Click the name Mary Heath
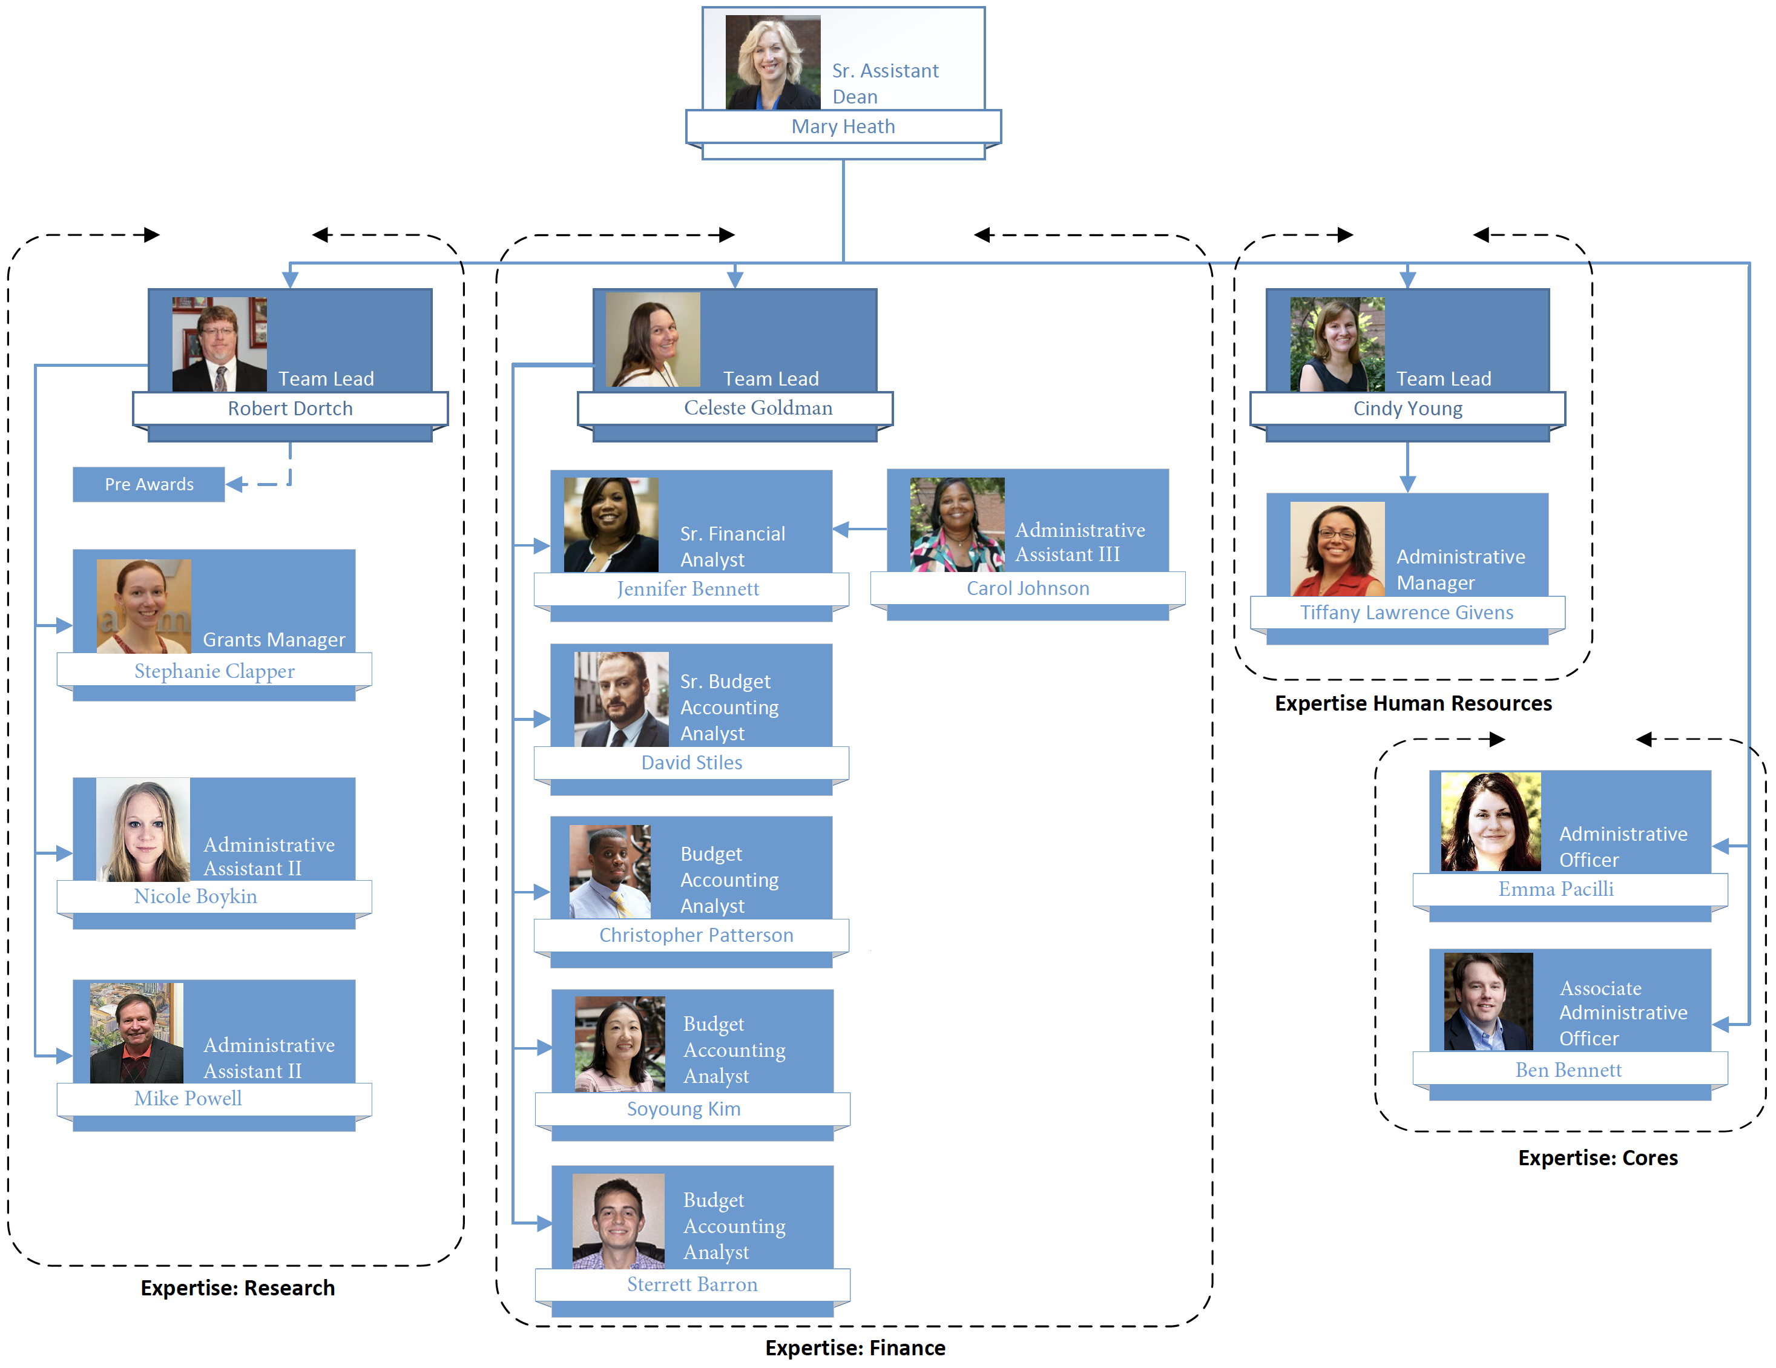coord(843,127)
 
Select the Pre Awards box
coord(149,485)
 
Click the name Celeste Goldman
coord(758,409)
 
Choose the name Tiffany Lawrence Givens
coord(1406,613)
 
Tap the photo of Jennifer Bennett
coord(611,525)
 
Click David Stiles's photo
coord(621,700)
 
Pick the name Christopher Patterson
coord(696,935)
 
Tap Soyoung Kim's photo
coord(620,1044)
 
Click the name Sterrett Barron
coord(692,1284)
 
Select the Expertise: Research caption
coord(237,1288)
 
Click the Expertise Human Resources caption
coord(1412,703)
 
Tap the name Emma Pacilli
coord(1556,889)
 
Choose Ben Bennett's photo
coord(1488,1001)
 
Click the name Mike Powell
coord(188,1099)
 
